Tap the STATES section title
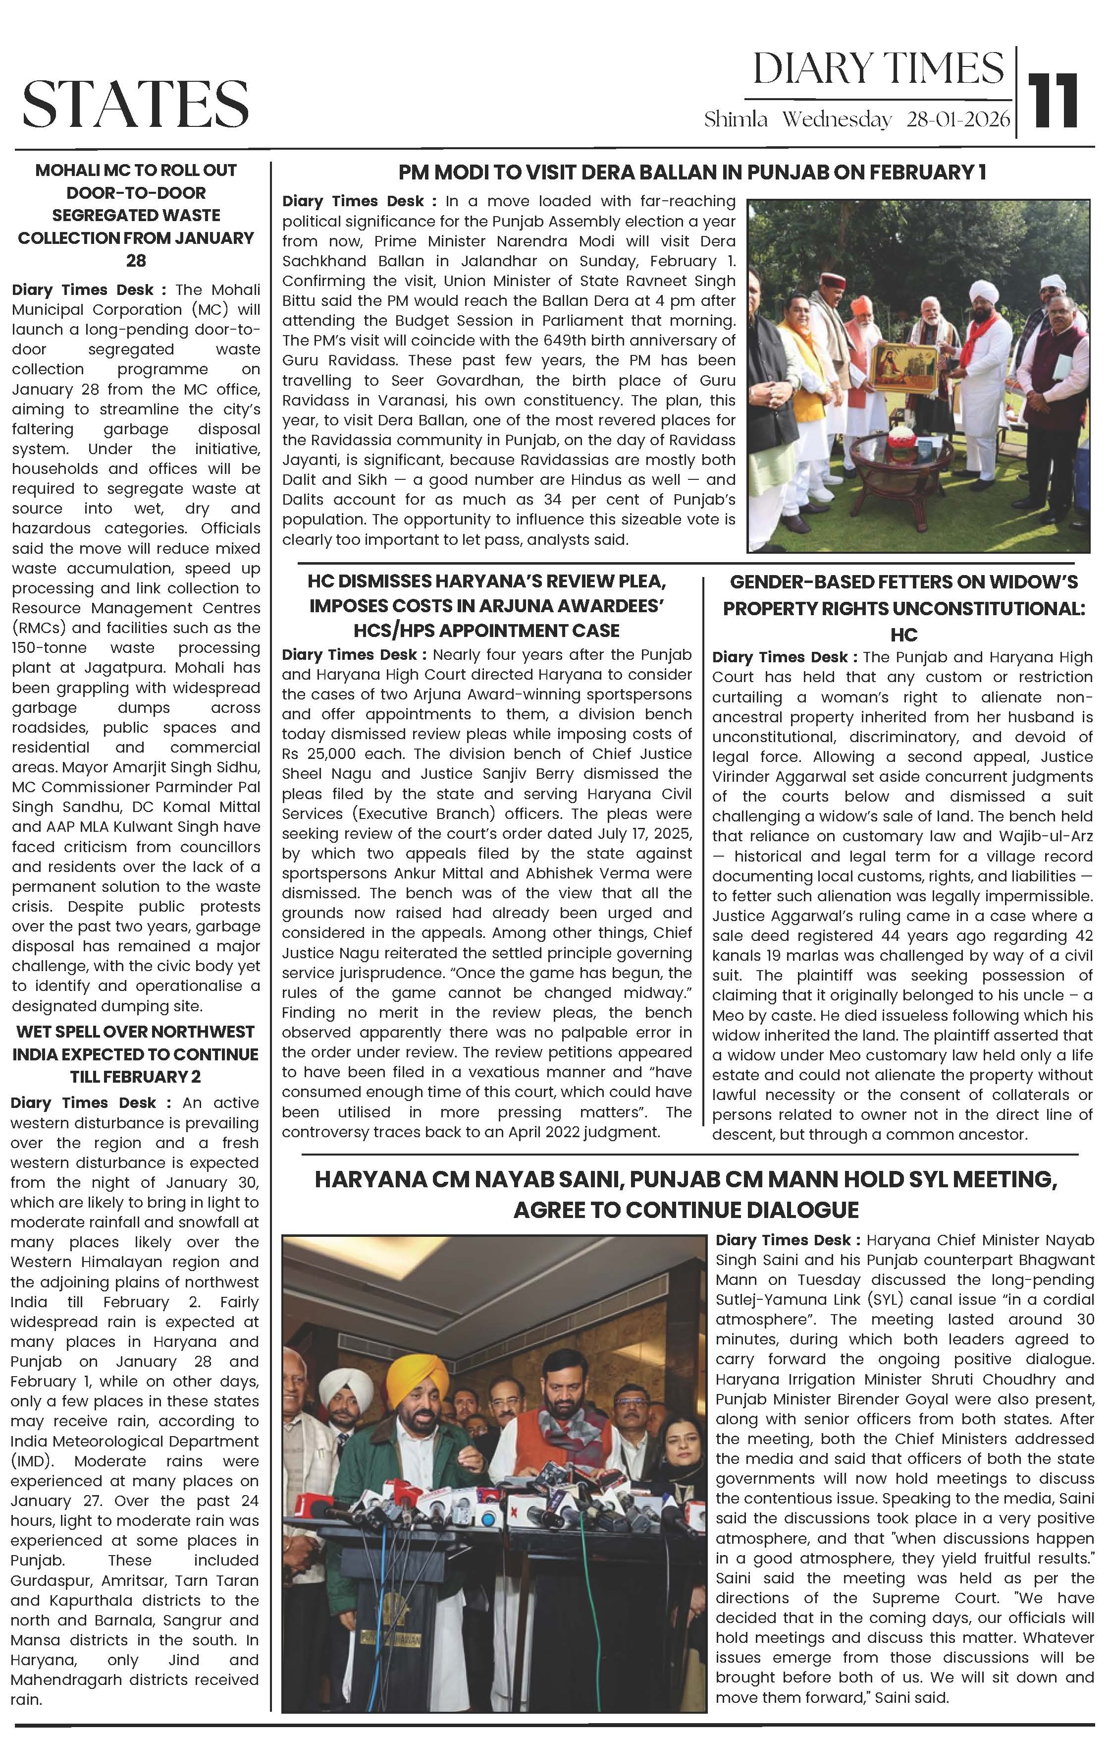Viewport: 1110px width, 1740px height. tap(136, 103)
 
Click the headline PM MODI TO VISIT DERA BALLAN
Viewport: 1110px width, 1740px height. tap(692, 172)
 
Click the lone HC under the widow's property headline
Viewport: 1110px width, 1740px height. tap(903, 635)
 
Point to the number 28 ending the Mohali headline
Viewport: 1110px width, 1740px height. tap(136, 260)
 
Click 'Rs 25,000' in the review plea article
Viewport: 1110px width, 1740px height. tap(318, 754)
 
